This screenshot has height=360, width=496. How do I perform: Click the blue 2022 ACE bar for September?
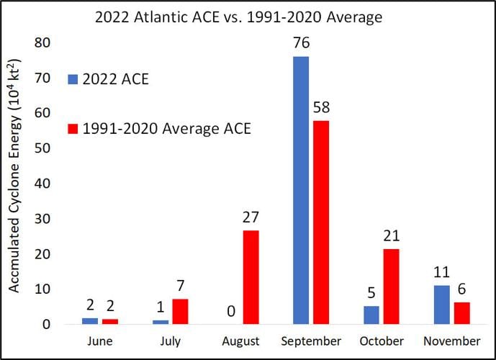[x=301, y=190]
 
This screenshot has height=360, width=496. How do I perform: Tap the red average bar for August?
[x=250, y=277]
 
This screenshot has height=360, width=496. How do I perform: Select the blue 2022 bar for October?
[x=371, y=315]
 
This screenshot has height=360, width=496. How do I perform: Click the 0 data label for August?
[x=230, y=312]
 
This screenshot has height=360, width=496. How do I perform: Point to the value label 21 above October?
[x=392, y=235]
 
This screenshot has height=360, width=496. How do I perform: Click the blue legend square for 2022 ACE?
[x=73, y=79]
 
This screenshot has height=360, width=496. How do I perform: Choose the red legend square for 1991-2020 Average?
[x=73, y=129]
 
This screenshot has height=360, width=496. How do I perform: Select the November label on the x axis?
[x=451, y=341]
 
